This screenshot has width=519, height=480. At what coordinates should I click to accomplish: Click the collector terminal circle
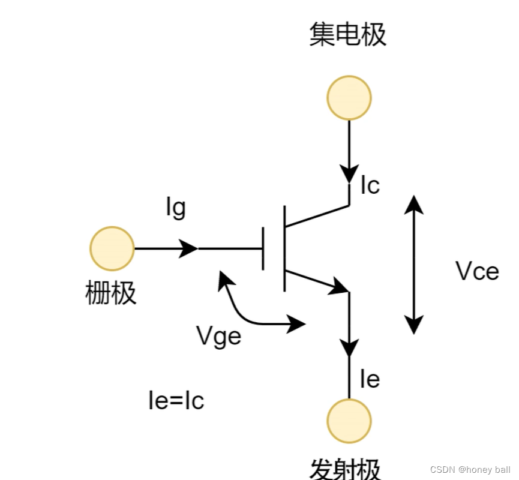coord(349,98)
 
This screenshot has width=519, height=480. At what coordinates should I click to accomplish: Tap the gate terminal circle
coord(112,249)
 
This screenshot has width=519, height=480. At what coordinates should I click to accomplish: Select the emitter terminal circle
coord(349,421)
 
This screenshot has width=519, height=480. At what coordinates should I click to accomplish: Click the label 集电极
coord(348,35)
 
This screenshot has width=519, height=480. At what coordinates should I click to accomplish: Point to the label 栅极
coord(111,294)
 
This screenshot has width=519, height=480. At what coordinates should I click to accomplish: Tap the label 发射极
coord(346,469)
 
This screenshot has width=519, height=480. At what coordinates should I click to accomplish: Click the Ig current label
coord(176,208)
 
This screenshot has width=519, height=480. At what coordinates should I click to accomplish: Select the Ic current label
coord(370,186)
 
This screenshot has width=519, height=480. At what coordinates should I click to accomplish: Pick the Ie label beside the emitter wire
coord(370,379)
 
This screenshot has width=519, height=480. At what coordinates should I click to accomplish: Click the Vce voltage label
coord(478,272)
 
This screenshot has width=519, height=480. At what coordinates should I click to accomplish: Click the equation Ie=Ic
coord(176,401)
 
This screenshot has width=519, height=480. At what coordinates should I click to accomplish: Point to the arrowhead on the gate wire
coord(188,249)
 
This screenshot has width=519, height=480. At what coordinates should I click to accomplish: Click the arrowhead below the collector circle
coord(349,174)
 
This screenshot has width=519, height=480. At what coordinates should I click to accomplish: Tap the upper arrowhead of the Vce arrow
coord(413,204)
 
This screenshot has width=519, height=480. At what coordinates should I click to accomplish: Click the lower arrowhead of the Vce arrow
coord(413,325)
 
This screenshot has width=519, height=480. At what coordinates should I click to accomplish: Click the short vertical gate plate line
coord(263,249)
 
